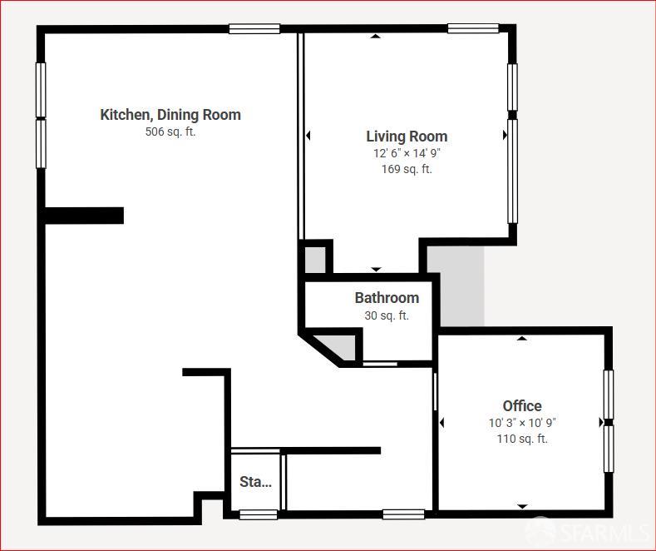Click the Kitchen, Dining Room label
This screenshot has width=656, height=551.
(170, 115)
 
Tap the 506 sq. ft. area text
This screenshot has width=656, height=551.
(170, 132)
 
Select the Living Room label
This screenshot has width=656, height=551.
(407, 137)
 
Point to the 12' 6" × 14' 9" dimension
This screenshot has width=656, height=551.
(407, 153)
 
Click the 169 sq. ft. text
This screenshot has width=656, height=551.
(407, 169)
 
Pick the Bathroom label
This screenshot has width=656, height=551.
(387, 298)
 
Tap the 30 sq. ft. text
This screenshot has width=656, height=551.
(387, 315)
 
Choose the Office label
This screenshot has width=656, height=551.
(522, 406)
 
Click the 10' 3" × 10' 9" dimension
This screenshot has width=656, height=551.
(522, 423)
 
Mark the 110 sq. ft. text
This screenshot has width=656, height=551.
(522, 439)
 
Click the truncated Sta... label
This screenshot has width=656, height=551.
(255, 482)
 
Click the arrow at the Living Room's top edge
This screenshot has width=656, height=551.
(376, 36)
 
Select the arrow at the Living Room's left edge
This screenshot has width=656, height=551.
(308, 136)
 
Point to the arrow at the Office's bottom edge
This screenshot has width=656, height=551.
(522, 506)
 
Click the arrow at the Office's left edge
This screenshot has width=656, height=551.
(441, 423)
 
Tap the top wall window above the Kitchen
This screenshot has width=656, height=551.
(254, 28)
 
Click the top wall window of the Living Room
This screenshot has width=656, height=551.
(473, 28)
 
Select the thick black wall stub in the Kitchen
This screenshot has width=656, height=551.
(84, 216)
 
